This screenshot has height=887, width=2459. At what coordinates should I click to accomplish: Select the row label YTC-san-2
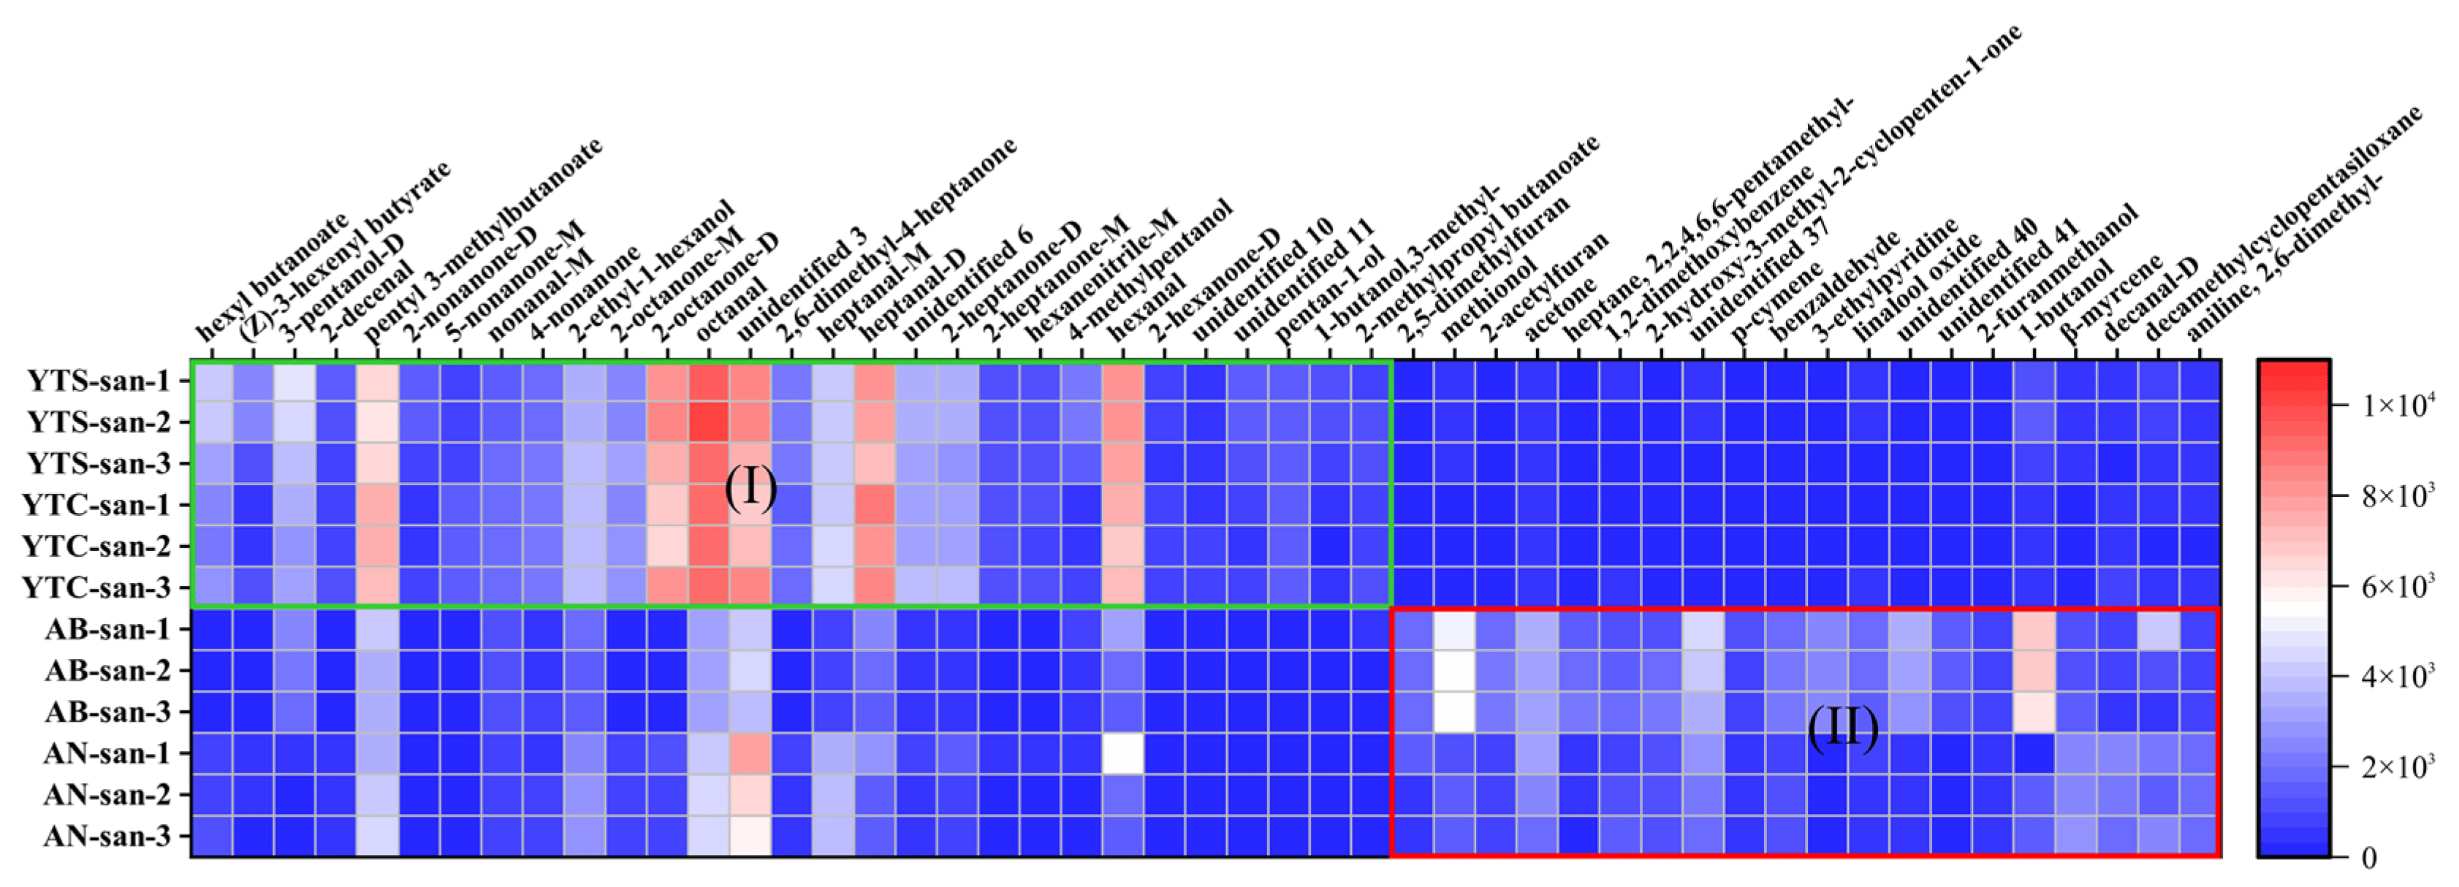point(96,546)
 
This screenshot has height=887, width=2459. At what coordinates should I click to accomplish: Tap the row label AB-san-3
point(107,712)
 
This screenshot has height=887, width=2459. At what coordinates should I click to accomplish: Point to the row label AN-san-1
point(107,753)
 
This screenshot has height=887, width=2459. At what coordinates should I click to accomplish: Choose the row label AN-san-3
point(107,837)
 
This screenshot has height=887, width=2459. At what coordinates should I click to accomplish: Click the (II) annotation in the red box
point(1842,728)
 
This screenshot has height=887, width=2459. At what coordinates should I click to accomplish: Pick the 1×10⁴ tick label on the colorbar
point(2397,405)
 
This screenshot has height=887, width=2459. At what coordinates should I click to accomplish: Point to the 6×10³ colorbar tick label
point(2397,586)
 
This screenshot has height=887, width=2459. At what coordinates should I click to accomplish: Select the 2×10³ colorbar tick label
point(2397,766)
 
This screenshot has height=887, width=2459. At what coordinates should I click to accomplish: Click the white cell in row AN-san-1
point(1122,753)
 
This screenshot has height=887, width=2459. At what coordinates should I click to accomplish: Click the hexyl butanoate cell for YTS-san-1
point(212,381)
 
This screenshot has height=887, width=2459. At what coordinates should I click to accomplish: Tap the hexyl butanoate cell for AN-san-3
point(212,837)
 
